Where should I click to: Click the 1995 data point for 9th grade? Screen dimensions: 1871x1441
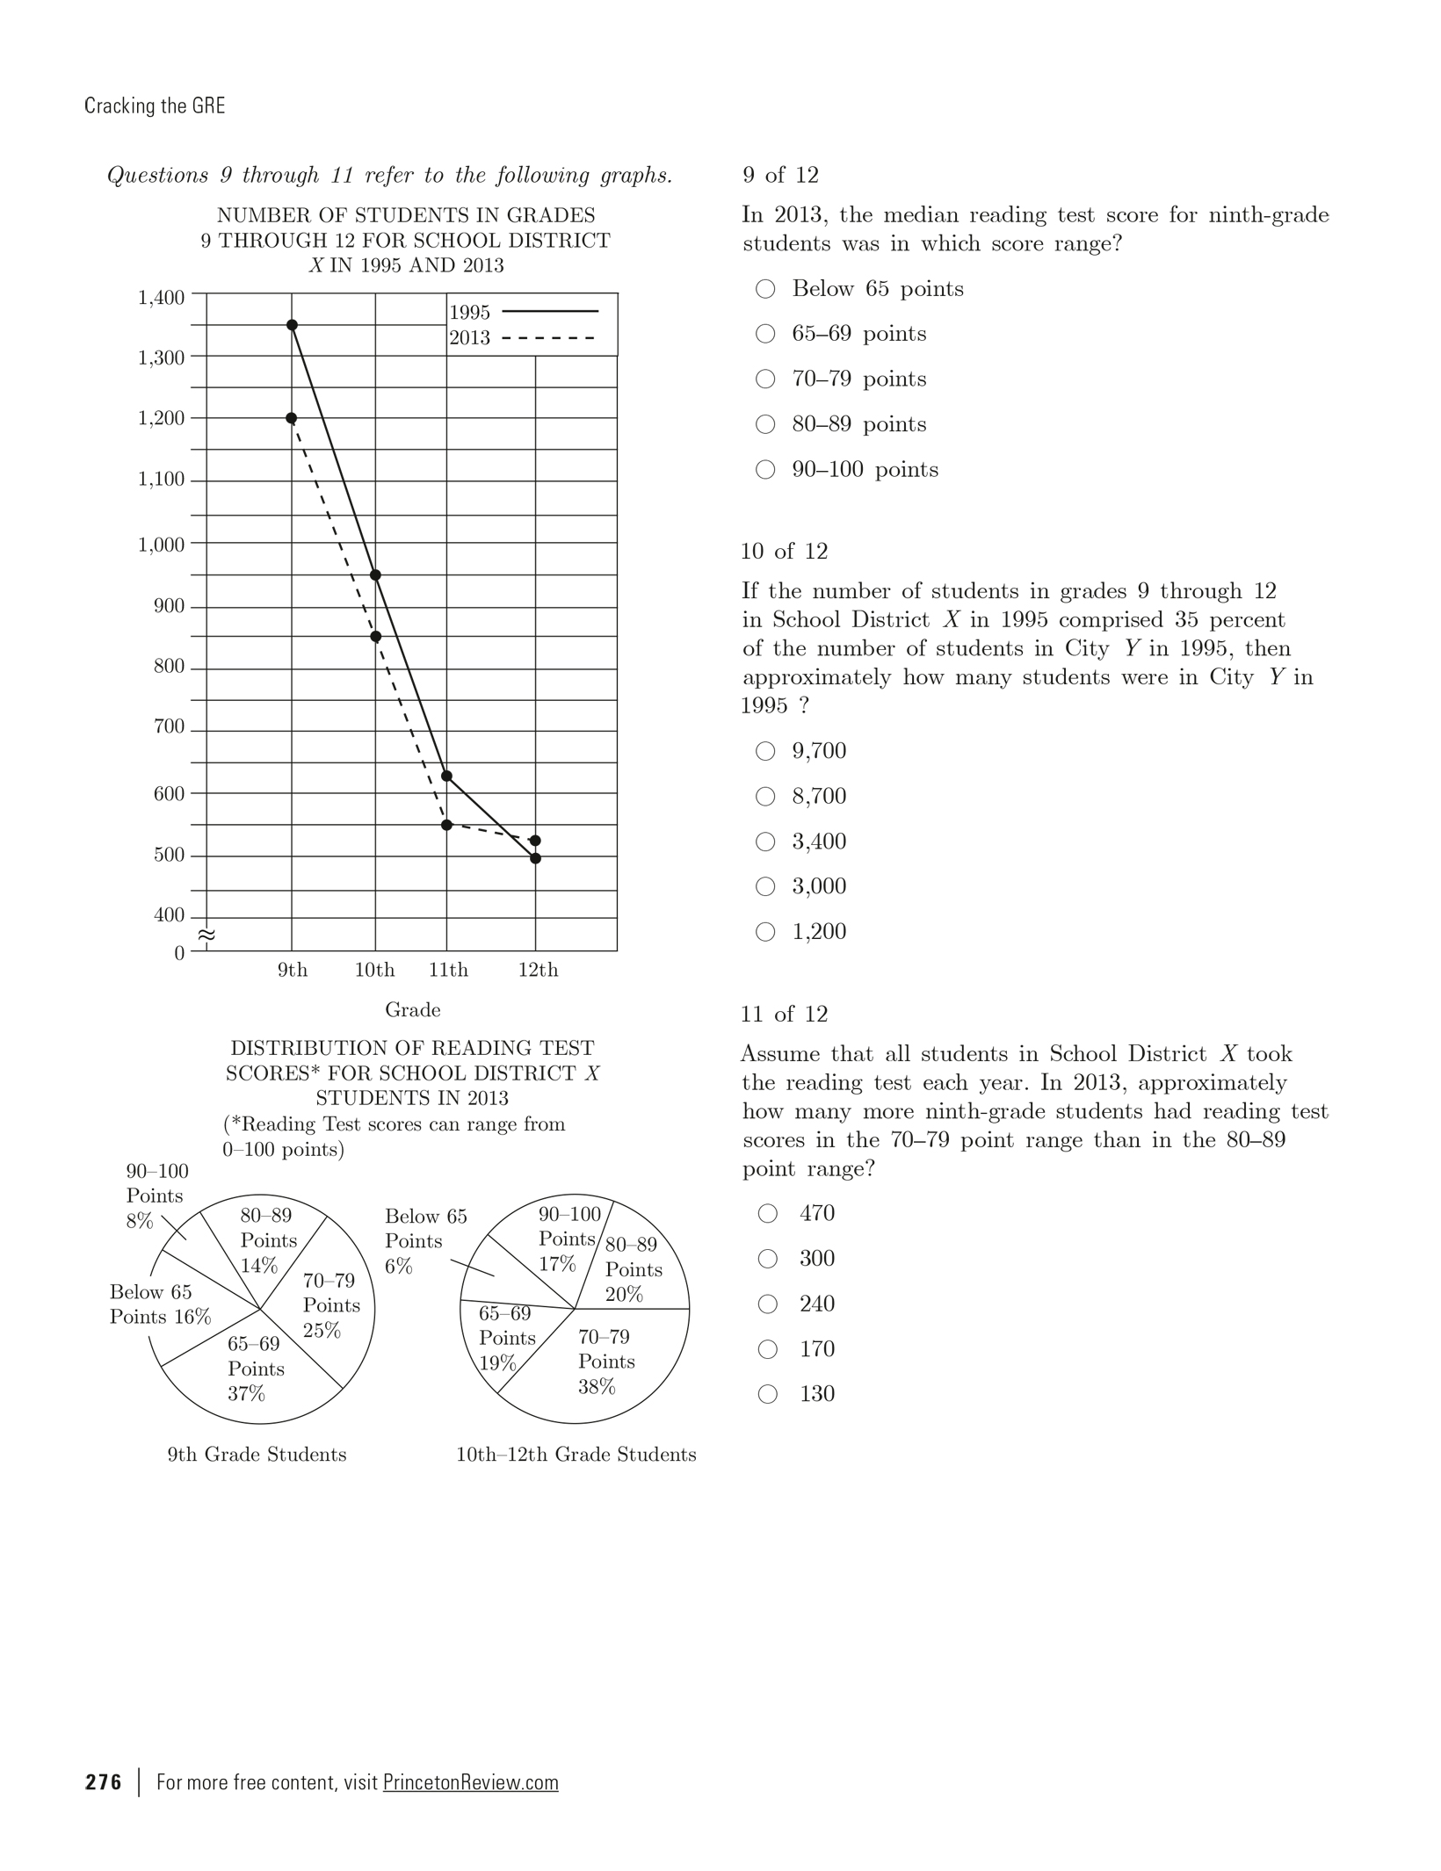(292, 325)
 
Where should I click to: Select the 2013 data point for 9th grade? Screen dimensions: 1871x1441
(292, 418)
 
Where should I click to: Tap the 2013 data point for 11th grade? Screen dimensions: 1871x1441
(446, 825)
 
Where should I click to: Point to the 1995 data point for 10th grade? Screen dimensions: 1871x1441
(375, 575)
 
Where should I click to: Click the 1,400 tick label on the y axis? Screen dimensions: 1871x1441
(162, 298)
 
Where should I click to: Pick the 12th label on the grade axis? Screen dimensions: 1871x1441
(538, 970)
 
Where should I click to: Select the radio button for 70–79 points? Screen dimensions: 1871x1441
(765, 379)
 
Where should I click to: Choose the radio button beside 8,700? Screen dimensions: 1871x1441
(765, 796)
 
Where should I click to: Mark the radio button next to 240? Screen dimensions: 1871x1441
(767, 1304)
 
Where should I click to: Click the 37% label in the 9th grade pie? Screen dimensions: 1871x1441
(246, 1393)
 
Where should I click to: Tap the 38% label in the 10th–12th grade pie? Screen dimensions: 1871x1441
(597, 1386)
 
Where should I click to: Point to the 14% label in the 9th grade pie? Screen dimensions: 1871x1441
(259, 1266)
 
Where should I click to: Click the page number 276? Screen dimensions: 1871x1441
(104, 1781)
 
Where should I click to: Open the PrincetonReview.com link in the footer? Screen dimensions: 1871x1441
(470, 1782)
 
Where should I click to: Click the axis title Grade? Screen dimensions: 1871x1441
(412, 1010)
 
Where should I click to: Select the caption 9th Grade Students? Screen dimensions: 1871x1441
(257, 1455)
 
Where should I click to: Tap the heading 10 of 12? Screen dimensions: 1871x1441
(784, 552)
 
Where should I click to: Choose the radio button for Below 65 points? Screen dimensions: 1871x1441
(765, 289)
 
